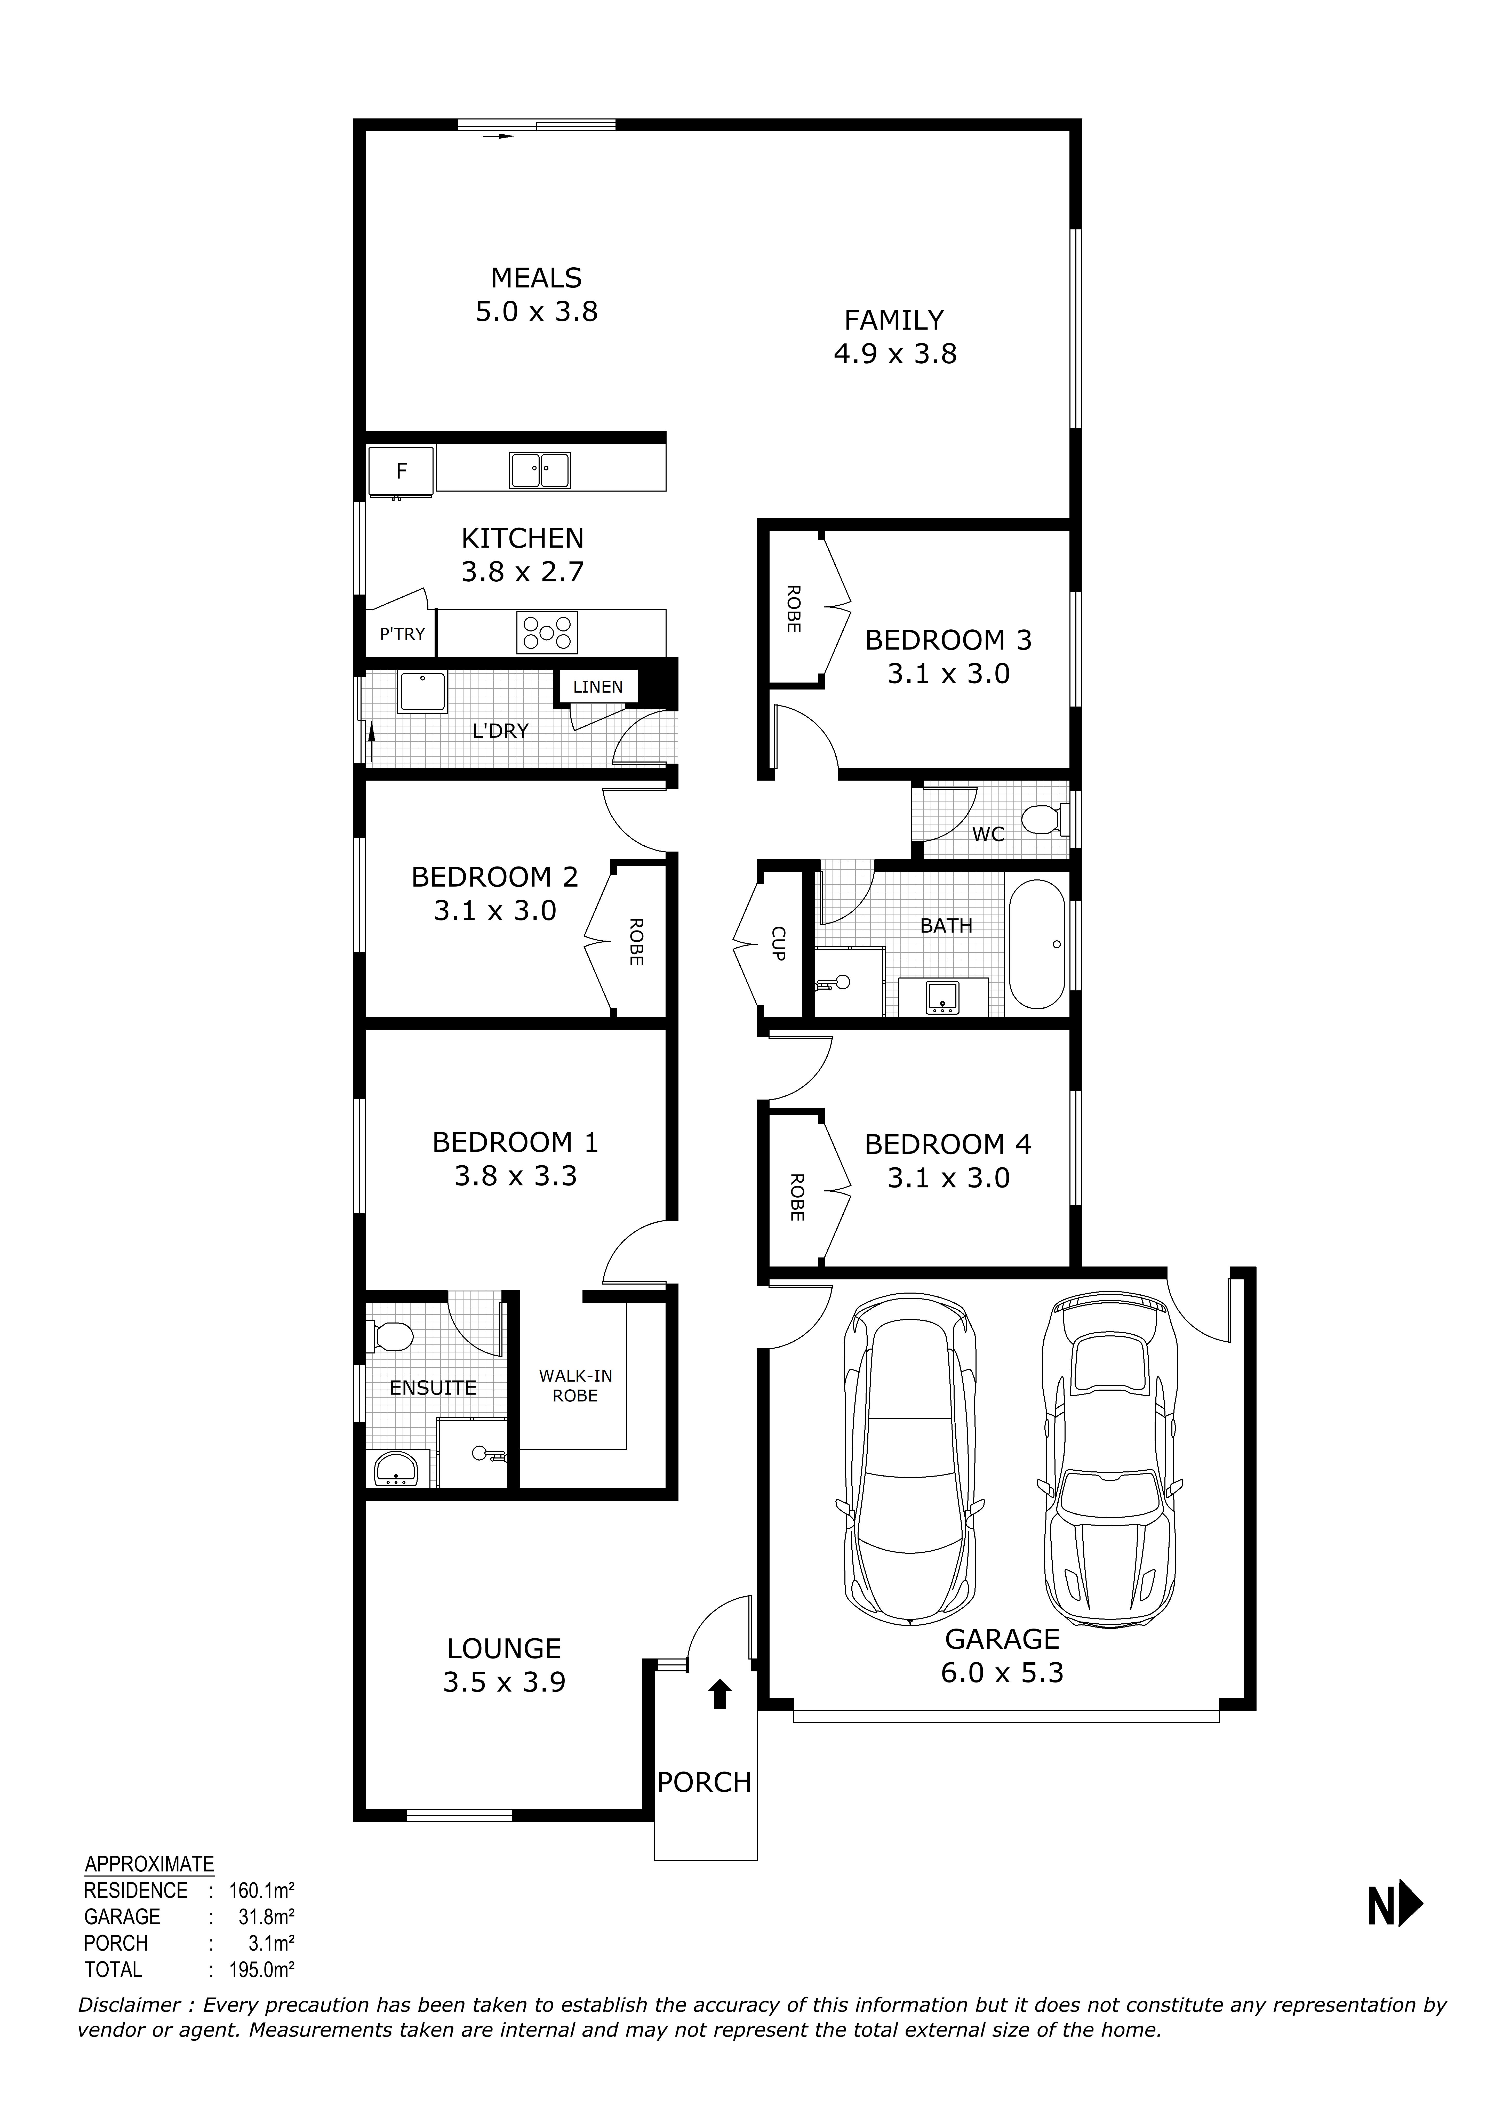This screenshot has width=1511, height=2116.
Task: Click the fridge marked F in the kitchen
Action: [x=401, y=471]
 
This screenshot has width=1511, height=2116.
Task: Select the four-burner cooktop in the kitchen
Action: [x=547, y=632]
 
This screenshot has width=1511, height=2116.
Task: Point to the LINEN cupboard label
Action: [x=597, y=687]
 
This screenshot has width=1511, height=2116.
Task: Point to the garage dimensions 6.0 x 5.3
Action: [x=1002, y=1672]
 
